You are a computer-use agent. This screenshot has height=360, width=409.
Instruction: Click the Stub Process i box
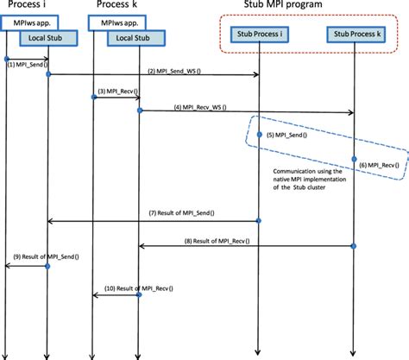pyautogui.click(x=260, y=35)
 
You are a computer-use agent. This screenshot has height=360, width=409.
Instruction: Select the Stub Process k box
pyautogui.click(x=356, y=35)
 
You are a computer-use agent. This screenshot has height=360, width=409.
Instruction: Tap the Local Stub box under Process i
pyautogui.click(x=48, y=38)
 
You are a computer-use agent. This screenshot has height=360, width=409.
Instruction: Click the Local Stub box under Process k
pyautogui.click(x=136, y=38)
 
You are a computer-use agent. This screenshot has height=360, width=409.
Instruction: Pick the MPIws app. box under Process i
pyautogui.click(x=29, y=22)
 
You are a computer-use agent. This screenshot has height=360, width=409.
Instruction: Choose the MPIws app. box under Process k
pyautogui.click(x=116, y=22)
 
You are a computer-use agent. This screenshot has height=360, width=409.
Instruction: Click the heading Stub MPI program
pyautogui.click(x=283, y=4)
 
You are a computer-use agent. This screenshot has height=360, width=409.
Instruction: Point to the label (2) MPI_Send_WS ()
pyautogui.click(x=174, y=71)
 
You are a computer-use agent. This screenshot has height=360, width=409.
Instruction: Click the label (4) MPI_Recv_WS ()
pyautogui.click(x=200, y=107)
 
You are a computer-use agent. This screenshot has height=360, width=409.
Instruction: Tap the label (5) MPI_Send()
pyautogui.click(x=286, y=135)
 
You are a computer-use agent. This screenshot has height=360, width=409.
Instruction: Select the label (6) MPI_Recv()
pyautogui.click(x=379, y=165)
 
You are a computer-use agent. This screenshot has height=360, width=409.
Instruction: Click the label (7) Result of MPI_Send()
pyautogui.click(x=181, y=213)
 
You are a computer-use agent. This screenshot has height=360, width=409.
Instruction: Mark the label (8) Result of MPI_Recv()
pyautogui.click(x=217, y=241)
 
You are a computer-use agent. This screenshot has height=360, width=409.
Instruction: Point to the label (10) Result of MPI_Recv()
pyautogui.click(x=139, y=288)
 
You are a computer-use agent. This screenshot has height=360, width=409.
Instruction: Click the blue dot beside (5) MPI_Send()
pyautogui.click(x=259, y=135)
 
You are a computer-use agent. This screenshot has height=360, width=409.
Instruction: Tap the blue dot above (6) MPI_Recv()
pyautogui.click(x=354, y=159)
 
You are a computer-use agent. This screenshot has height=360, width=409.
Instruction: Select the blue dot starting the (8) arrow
pyautogui.click(x=354, y=246)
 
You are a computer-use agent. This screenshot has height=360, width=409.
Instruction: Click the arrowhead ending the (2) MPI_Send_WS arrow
pyautogui.click(x=256, y=75)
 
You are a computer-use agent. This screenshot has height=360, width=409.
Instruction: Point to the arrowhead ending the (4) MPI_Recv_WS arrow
pyautogui.click(x=350, y=112)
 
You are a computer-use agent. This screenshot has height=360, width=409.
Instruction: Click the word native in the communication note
pyautogui.click(x=281, y=180)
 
